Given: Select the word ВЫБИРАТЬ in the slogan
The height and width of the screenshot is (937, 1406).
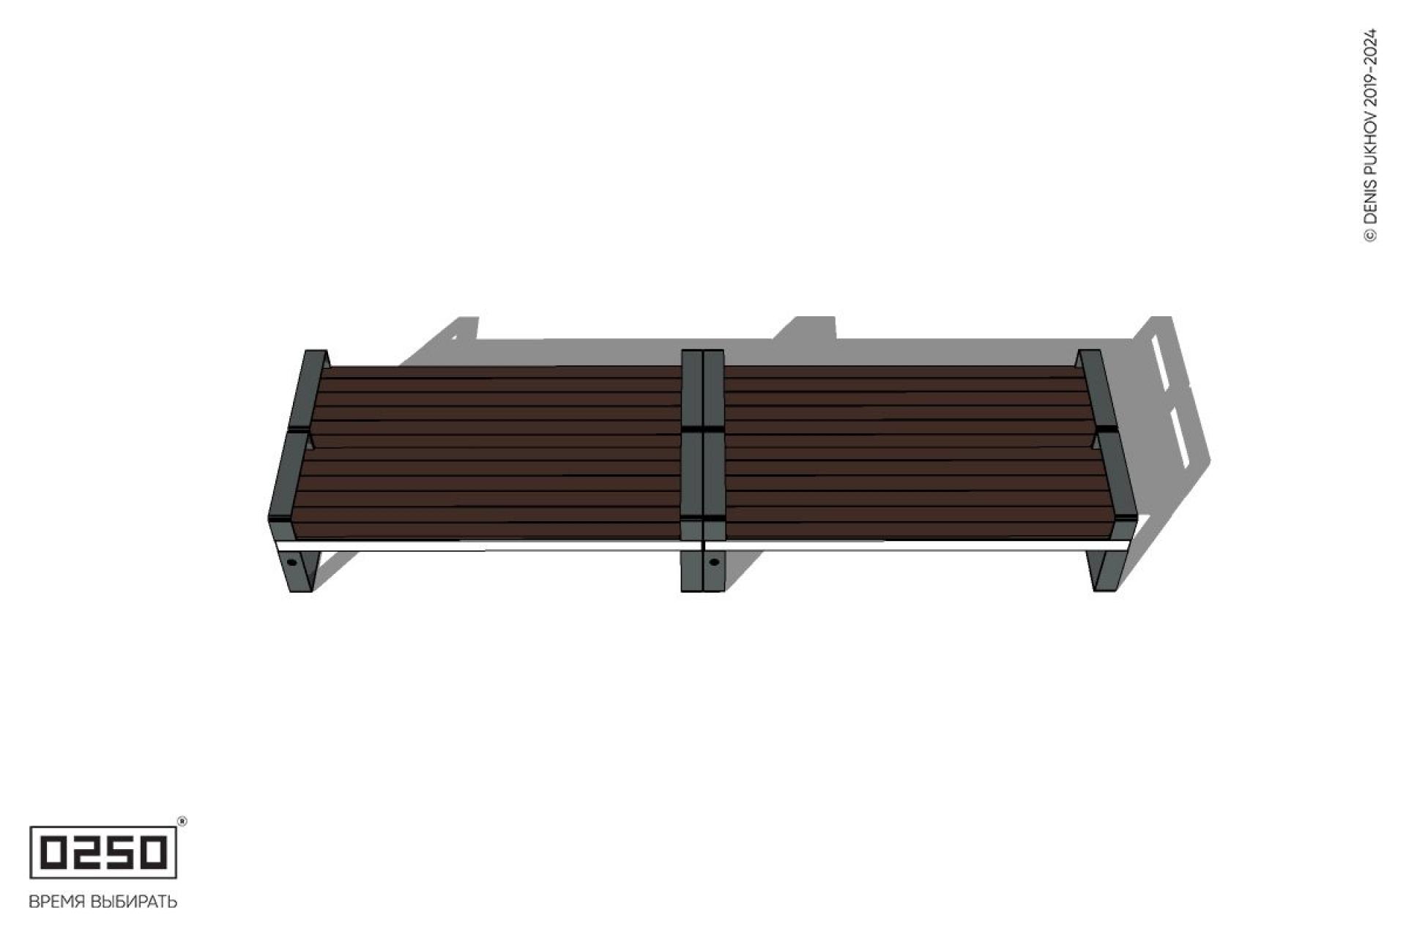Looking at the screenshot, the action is (x=133, y=902).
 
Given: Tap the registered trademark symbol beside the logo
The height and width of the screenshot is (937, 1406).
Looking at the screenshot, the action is (x=182, y=821).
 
